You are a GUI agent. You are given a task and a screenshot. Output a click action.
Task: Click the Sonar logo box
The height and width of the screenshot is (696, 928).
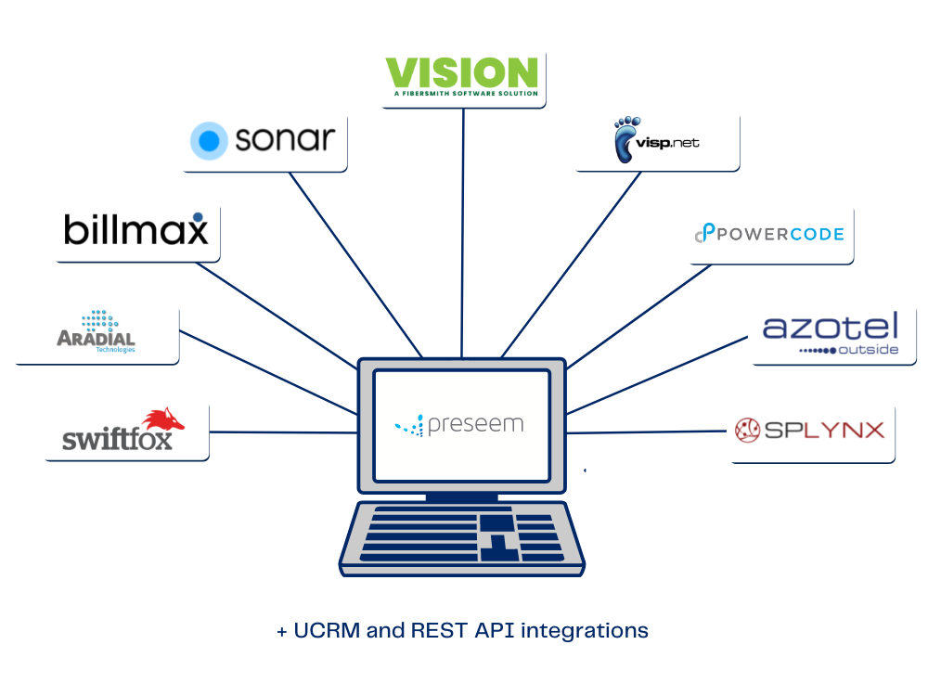coord(263,140)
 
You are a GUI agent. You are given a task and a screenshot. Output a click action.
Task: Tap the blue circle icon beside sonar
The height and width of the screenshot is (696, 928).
coord(209,141)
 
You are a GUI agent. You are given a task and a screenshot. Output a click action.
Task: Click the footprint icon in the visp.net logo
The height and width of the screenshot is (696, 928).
coord(625,139)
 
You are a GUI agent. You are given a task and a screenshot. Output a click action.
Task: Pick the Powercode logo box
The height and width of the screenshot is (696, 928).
coord(769,232)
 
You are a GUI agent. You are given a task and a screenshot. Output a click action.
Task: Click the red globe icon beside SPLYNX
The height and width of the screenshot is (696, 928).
coord(748,430)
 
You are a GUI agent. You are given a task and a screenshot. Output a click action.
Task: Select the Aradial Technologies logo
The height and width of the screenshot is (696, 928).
coord(95,332)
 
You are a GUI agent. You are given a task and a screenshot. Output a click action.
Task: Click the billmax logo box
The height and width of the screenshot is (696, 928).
coord(135,229)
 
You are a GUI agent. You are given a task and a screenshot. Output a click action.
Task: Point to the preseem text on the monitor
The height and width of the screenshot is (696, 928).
coord(475,425)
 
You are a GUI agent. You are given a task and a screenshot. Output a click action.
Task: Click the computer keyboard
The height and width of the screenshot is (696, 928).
coord(461,538)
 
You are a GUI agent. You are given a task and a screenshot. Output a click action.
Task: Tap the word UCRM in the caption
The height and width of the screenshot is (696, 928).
coord(328,631)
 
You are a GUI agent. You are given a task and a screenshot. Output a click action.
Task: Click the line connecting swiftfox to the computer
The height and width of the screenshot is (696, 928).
coord(283,432)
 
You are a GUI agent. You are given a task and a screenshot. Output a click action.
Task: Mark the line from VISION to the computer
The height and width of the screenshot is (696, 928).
coord(461,232)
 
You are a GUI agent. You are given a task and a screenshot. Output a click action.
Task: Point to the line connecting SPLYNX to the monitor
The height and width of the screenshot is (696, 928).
coord(646,432)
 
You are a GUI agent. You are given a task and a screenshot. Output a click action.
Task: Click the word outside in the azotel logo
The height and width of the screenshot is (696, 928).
coord(868,350)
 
